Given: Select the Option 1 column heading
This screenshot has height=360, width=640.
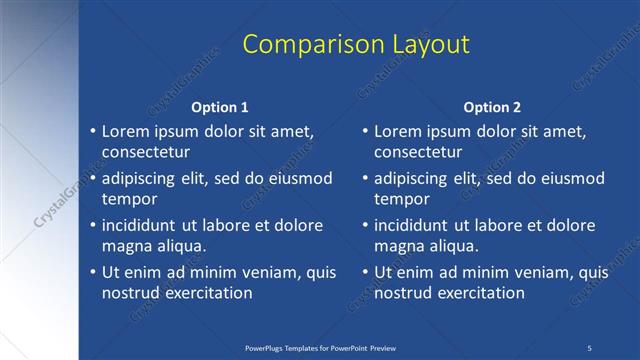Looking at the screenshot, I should pos(219,107).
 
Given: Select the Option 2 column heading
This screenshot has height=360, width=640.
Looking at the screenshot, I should pos(492,107).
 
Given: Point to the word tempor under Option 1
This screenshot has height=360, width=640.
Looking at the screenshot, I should pos(128,199).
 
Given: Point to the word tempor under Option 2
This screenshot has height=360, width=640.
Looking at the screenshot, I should pos(401,199).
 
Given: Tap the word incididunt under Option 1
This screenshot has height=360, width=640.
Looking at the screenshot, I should pos(146,225).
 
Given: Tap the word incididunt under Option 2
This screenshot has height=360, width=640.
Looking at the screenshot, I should pos(419,225).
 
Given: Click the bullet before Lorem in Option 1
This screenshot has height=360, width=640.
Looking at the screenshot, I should pos(92,132).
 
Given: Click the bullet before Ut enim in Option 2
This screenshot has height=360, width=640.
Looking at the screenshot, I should pos(365,272).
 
